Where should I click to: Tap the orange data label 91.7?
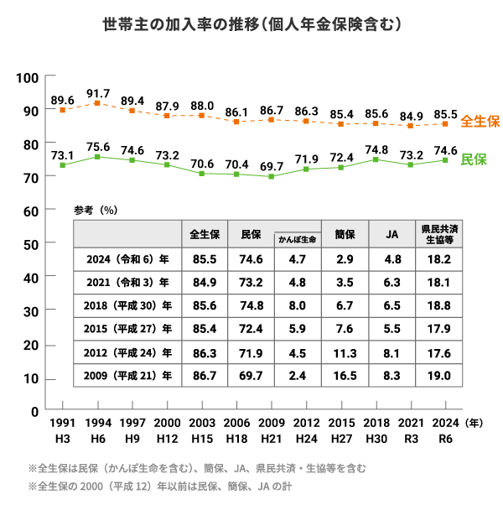point(98,92)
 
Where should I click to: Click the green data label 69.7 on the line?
point(272,167)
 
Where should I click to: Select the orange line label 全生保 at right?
point(480,121)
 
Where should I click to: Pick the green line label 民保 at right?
point(474,159)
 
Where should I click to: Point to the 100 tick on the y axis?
point(29,78)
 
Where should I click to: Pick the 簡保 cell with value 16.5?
point(344,375)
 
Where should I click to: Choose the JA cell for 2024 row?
point(391,259)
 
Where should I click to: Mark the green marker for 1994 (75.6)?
point(97,157)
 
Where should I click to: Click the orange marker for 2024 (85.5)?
point(446,124)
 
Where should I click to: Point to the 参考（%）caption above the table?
point(95,211)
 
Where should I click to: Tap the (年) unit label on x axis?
point(474,424)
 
